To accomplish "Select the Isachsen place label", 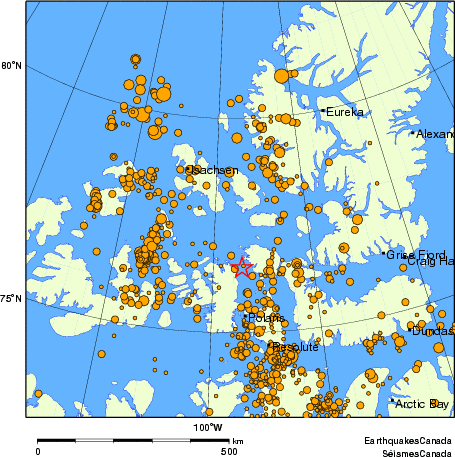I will pos(214,171).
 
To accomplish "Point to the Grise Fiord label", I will pos(416,255).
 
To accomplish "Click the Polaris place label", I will pos(266,318).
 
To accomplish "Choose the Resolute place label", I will pos(295,347).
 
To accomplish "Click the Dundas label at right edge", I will pos(433,330).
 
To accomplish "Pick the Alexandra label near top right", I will pos(434,133).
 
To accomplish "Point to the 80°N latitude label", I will pos(11,66).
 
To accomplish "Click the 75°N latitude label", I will pos(11,298).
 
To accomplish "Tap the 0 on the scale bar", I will pos(38,451).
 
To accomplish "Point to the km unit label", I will pos(238,440).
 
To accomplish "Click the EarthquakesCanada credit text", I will pos(406,440).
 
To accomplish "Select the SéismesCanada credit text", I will pos(408,451).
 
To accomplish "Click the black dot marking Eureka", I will pos(324,111).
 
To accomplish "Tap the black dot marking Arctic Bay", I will pos(392,403).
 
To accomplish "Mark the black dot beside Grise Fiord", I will pos(385,255).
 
